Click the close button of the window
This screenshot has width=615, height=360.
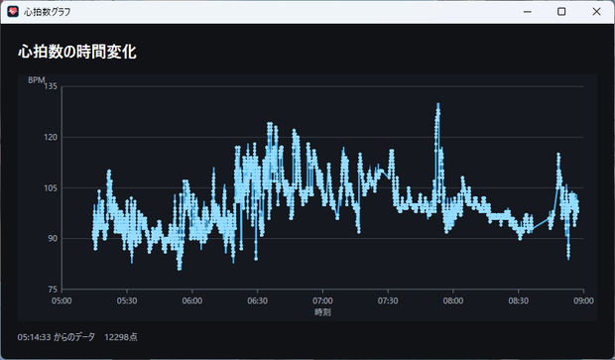(596, 11)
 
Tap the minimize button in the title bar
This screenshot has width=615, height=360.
(527, 12)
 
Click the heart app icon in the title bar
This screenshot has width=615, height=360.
(13, 11)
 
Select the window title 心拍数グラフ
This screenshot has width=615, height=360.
(47, 12)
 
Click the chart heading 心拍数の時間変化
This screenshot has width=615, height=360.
(77, 52)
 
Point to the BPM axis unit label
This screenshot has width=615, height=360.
(37, 80)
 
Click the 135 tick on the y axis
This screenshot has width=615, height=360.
(51, 86)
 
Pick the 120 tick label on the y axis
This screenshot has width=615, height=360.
(51, 137)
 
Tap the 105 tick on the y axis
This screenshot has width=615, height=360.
(51, 187)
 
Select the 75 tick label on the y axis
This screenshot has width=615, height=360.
(53, 290)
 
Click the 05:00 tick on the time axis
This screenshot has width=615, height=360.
(61, 300)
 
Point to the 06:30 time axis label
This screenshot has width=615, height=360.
(257, 300)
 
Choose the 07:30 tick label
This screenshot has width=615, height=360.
(388, 300)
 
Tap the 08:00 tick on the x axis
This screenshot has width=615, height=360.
(453, 300)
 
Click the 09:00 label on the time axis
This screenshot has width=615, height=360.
(583, 300)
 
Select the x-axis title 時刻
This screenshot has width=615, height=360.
(322, 312)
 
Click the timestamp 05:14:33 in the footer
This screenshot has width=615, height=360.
(34, 337)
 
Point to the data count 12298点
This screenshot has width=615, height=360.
(121, 337)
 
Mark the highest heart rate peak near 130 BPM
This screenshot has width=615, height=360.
(437, 104)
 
